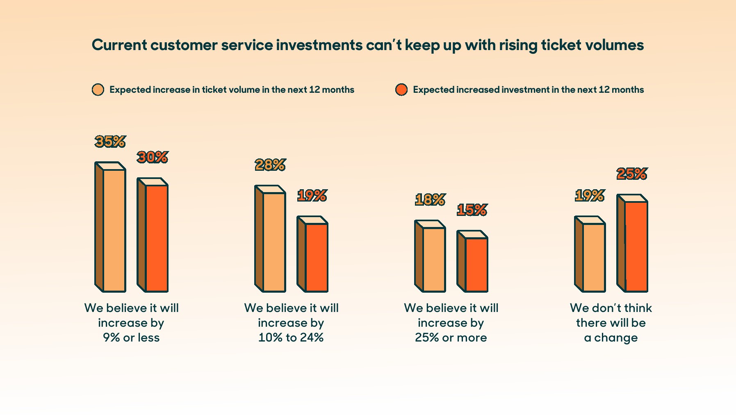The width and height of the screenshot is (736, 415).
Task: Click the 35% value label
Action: coord(110,142)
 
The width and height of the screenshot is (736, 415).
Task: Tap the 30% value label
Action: coord(153,157)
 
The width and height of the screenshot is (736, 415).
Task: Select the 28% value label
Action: coord(270,165)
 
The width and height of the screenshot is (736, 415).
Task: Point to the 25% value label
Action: coord(632,174)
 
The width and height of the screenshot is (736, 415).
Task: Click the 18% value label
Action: coord(430,200)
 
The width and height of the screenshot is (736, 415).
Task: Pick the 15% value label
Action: coord(472,210)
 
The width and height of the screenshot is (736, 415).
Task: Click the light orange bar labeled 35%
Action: coord(110,227)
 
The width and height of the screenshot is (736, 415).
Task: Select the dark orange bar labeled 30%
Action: coord(153,235)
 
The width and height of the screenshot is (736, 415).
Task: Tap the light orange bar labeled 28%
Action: coord(270,238)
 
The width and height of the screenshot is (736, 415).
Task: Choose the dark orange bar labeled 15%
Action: coord(472,261)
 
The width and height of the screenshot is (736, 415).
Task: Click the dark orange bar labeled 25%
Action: coord(632,243)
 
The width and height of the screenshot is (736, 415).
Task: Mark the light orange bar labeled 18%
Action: coord(430,256)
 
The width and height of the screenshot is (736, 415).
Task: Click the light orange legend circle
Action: coord(98,90)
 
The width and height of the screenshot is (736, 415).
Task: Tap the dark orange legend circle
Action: coord(401,90)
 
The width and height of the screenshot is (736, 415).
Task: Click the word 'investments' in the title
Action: coord(319,45)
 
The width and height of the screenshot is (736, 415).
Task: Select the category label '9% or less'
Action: coord(131,337)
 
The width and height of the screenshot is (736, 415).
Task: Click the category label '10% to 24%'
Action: coord(291,337)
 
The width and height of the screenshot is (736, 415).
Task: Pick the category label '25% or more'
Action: coord(451,337)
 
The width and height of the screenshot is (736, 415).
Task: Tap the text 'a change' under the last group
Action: coord(611,338)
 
